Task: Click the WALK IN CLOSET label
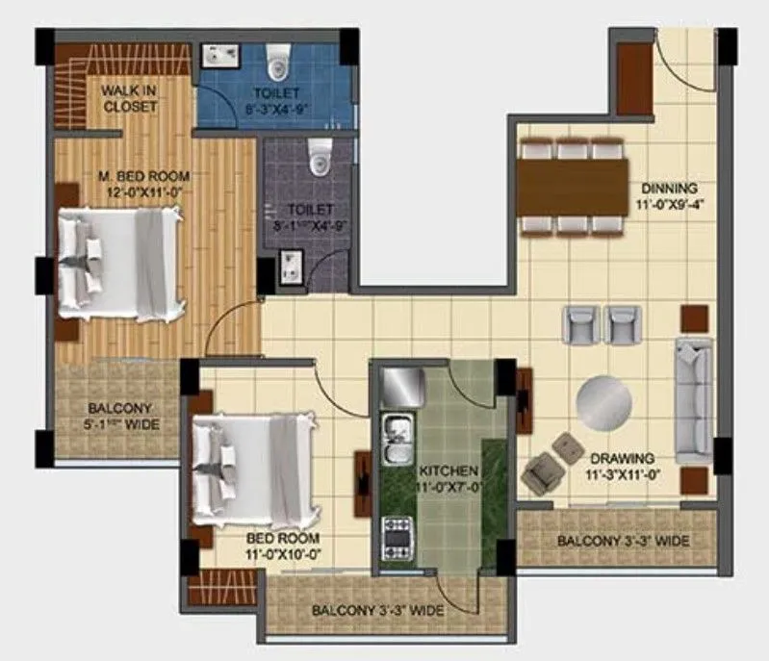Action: click(130, 98)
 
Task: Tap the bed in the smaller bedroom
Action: click(253, 469)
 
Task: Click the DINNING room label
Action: click(666, 196)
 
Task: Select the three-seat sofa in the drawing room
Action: click(694, 398)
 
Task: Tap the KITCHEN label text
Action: click(449, 470)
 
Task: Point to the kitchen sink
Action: click(395, 443)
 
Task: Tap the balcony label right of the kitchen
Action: click(623, 541)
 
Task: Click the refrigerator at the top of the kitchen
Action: click(397, 387)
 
